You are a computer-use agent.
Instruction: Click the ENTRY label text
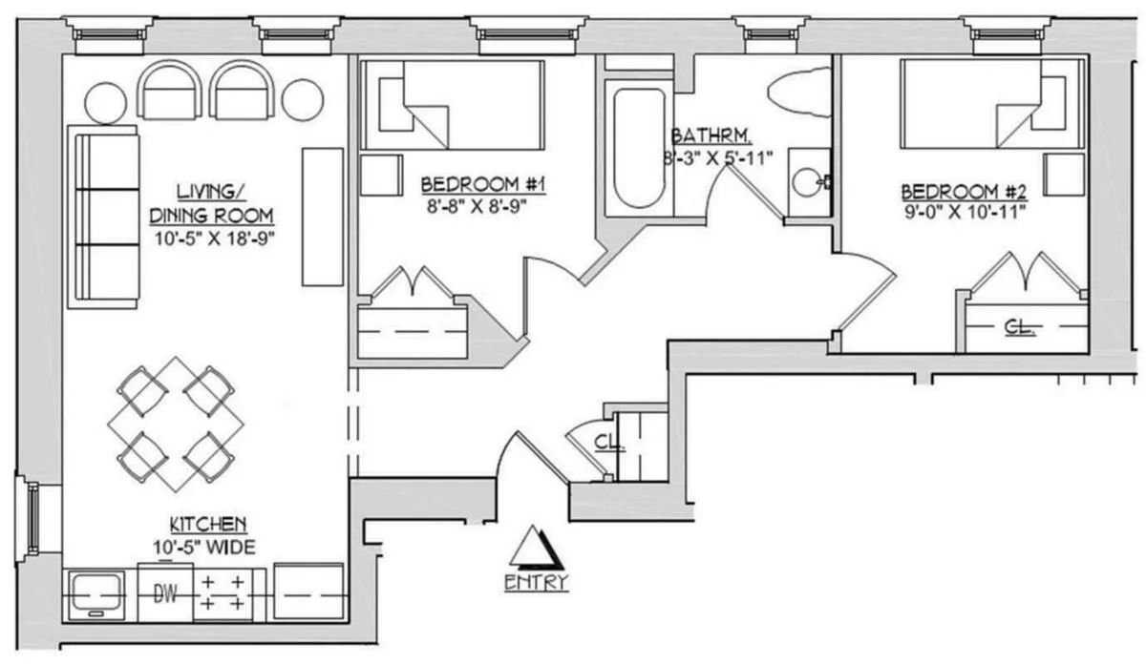coord(536,581)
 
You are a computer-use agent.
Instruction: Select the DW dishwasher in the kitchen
coord(166,592)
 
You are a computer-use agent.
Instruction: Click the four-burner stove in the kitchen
coord(223,592)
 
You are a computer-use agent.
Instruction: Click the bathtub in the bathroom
coord(639,148)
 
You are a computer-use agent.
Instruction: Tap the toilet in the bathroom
coord(799,92)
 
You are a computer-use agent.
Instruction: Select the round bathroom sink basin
coord(808,181)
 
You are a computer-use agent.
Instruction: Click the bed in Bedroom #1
coord(452,105)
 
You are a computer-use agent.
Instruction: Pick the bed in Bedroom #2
coord(992,104)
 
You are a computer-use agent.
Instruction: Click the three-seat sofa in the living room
coord(104,217)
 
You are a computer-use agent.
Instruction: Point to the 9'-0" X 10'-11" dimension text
coord(964,210)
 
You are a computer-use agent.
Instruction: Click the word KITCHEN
coord(209,524)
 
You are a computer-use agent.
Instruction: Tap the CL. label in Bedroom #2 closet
coord(1020,327)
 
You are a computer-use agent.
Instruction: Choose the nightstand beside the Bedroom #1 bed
coord(381,175)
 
